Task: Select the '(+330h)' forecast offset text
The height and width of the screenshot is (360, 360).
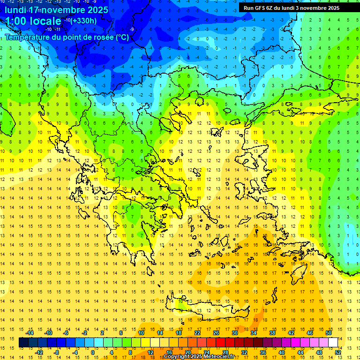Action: click(x=84, y=21)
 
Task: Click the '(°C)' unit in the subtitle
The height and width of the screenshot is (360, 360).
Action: click(x=122, y=37)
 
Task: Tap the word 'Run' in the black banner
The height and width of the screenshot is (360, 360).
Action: click(x=248, y=8)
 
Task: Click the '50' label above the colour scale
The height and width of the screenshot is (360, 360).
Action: click(x=329, y=333)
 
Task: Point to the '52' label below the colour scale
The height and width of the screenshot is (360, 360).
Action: click(x=338, y=352)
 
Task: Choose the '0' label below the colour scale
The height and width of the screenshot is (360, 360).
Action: click(x=93, y=352)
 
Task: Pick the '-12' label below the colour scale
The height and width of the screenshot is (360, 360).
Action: click(x=39, y=352)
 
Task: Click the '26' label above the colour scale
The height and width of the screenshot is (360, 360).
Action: click(x=216, y=333)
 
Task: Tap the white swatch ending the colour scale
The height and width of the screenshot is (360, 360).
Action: click(x=333, y=343)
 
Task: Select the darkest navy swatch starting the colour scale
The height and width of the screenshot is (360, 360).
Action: click(x=23, y=343)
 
